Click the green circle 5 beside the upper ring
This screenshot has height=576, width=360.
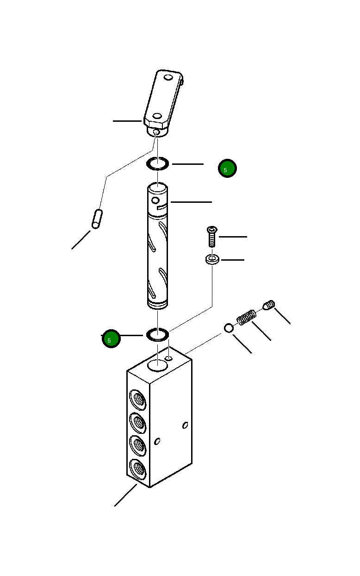(227, 169)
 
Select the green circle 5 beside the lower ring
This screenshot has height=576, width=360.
(111, 339)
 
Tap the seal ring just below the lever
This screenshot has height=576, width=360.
(158, 163)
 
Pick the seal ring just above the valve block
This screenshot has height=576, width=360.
(158, 334)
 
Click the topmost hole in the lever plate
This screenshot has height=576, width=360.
(168, 76)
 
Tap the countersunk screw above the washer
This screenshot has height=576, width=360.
(211, 236)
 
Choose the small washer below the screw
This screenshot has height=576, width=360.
(212, 260)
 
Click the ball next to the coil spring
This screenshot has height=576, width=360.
(229, 328)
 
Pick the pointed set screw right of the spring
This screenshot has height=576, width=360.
(269, 305)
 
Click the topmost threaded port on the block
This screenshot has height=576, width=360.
(137, 399)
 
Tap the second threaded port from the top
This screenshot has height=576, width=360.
(137, 422)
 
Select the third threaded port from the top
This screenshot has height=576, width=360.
(137, 445)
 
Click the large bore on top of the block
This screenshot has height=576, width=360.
(158, 365)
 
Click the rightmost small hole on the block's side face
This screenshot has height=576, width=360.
(185, 425)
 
